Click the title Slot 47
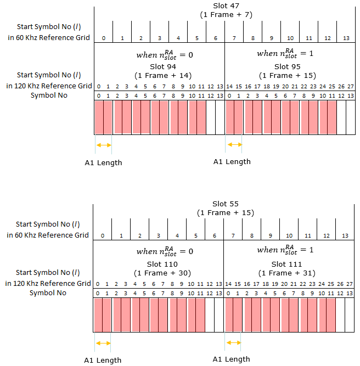click(226, 6)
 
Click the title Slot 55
click(226, 204)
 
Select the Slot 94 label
click(163, 67)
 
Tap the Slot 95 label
click(288, 67)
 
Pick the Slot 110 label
click(162, 264)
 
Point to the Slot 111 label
click(286, 264)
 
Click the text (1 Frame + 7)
click(226, 15)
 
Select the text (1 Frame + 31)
click(286, 273)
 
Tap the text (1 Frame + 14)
click(163, 76)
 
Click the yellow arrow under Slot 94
click(104, 145)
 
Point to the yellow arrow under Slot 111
click(233, 342)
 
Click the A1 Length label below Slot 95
click(232, 161)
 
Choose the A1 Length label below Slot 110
click(103, 360)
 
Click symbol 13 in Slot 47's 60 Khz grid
click(346, 38)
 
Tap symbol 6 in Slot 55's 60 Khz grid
click(215, 236)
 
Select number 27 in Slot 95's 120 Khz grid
click(351, 87)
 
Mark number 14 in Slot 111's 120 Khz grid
click(228, 284)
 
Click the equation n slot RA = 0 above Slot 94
click(165, 55)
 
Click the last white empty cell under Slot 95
click(351, 117)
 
